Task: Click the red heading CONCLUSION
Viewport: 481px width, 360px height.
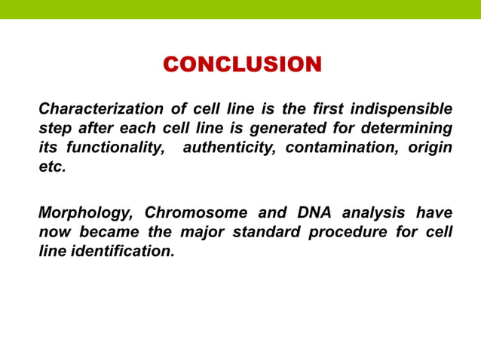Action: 242,64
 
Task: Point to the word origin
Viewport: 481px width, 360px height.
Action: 430,148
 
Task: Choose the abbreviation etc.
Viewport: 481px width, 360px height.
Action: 52,167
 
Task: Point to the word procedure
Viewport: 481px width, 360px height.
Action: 349,232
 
